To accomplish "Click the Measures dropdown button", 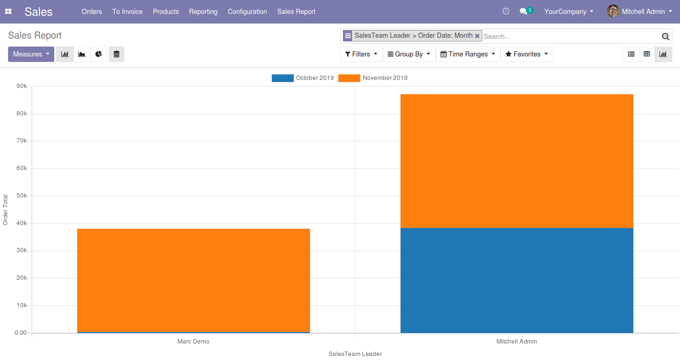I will pos(31,54).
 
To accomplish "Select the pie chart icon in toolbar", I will pos(99,54).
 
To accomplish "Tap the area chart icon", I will pos(82,54).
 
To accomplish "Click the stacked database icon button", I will pos(117,54).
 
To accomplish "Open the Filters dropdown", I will pos(361,54).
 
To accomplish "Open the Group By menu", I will pos(409,54).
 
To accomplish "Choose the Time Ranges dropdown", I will pos(468,54).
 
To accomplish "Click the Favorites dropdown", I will pos(527,54).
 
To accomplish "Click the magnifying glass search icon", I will pos(665,36).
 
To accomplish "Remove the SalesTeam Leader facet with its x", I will pos(477,36).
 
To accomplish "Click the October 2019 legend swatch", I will pos(282,78).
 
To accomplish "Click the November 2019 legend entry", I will pos(385,78).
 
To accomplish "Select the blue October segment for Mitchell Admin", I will pos(516,280).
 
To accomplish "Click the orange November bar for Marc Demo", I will pos(193,280).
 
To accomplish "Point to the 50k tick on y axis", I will pos(22,196).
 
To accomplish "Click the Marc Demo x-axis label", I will pos(193,342).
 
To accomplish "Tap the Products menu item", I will pos(166,12).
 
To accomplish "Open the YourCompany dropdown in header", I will pos(569,12).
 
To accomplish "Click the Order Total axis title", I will pos(5,210).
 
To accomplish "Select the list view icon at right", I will pos(631,54).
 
